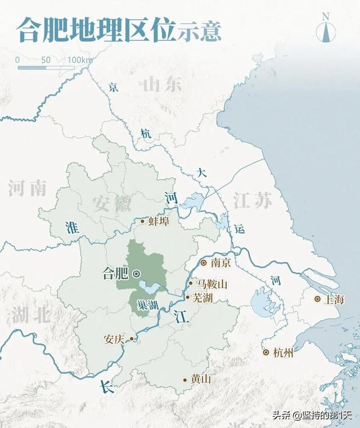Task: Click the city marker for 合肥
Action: [136, 274]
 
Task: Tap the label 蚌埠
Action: [158, 221]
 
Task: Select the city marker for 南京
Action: [204, 262]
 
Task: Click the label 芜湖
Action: [202, 298]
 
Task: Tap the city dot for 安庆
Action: [132, 339]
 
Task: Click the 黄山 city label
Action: [200, 379]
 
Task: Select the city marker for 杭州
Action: [265, 353]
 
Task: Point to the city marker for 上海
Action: [318, 299]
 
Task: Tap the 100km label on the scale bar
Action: [80, 60]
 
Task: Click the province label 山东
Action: [162, 85]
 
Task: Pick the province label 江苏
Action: [251, 200]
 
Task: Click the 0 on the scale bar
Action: [17, 60]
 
